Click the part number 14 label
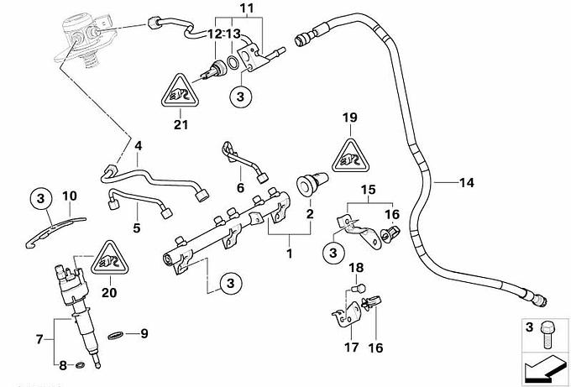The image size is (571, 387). [x=467, y=180]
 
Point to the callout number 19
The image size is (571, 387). [x=351, y=118]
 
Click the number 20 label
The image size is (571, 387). [x=108, y=293]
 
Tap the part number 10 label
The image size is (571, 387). [x=71, y=196]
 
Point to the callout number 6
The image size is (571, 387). [x=241, y=187]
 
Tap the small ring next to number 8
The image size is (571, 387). [x=80, y=365]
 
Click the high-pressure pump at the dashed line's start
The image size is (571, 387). [x=80, y=38]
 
